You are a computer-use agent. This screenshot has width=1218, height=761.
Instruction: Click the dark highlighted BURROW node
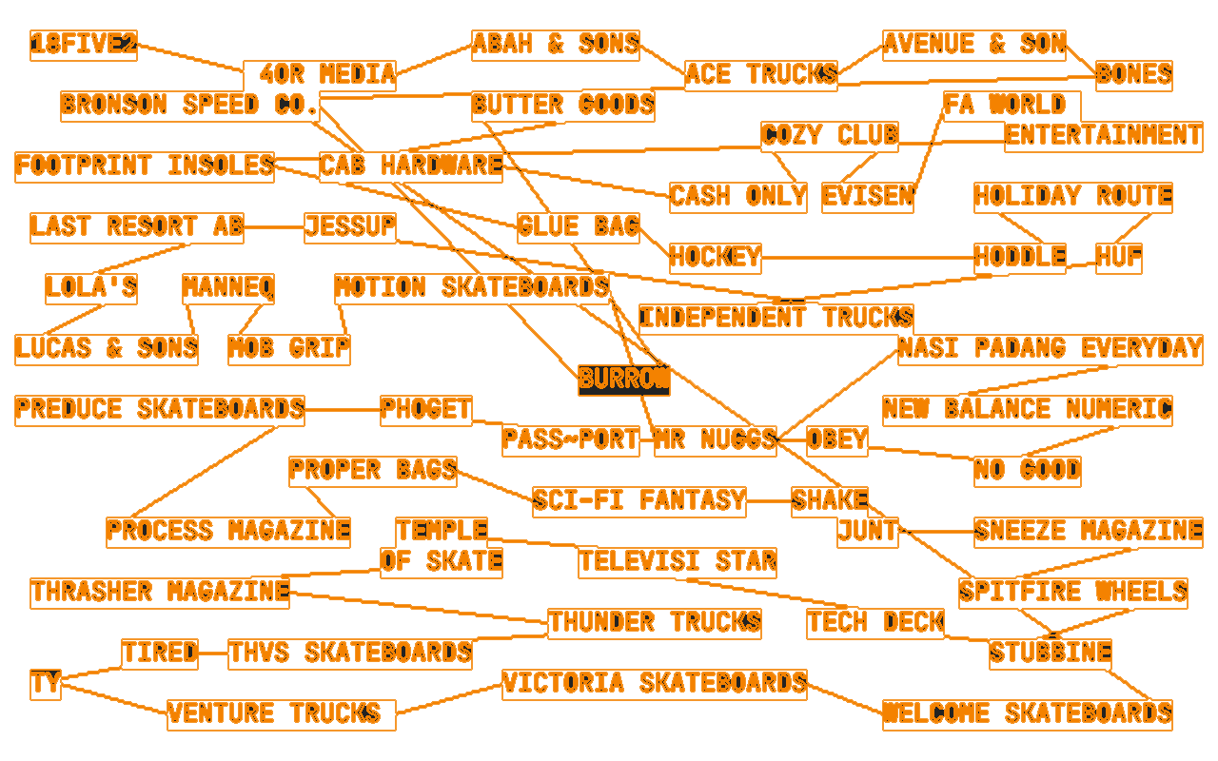tap(623, 380)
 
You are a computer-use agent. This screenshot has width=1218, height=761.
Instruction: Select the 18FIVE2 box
tap(84, 45)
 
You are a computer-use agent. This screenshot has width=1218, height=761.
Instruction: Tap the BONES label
tap(1133, 75)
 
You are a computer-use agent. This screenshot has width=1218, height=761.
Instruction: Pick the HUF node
tap(1118, 258)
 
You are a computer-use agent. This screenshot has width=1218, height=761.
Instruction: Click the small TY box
tap(45, 684)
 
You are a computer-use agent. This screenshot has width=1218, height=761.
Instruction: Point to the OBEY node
tap(837, 439)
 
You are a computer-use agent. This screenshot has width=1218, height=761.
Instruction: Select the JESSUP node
tap(350, 227)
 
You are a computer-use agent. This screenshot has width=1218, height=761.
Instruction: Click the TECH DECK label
tap(875, 623)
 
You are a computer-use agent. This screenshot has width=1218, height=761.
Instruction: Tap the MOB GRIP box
tap(289, 349)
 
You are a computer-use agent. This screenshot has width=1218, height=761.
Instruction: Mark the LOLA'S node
tap(91, 288)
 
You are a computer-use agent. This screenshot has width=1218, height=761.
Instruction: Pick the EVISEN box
tap(867, 197)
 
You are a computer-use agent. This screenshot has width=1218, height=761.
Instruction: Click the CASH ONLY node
tap(737, 197)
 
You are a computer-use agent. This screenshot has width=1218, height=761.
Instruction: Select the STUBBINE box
tap(1050, 654)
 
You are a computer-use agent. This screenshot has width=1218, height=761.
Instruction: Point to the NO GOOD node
tap(1027, 471)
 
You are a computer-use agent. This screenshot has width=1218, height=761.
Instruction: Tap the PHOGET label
tap(426, 410)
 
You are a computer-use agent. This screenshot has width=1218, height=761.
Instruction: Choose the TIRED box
tap(160, 654)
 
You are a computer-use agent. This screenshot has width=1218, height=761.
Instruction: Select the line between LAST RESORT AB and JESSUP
tap(274, 227)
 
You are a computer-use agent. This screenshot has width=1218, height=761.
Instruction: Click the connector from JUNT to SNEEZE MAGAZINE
tap(936, 532)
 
